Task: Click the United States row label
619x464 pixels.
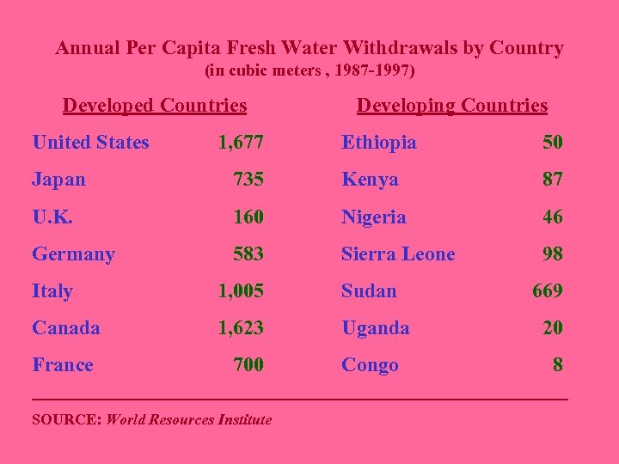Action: (90, 143)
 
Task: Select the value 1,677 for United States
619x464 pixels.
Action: (241, 143)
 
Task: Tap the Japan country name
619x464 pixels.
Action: (58, 180)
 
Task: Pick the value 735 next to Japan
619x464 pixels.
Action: (248, 180)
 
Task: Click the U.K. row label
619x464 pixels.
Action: (52, 217)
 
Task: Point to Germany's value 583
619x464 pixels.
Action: (248, 253)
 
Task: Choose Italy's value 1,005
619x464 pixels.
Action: (241, 290)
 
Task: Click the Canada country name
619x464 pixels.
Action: (65, 327)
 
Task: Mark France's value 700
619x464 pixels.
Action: (248, 364)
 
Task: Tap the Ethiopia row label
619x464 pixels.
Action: (378, 143)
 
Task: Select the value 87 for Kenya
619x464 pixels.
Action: (552, 180)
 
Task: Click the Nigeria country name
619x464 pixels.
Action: (373, 217)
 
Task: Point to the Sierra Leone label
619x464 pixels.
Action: (398, 253)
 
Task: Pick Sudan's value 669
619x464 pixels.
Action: (547, 290)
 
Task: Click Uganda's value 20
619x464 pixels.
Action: (552, 327)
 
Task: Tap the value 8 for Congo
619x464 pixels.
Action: (558, 364)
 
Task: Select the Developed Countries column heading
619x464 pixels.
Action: (155, 106)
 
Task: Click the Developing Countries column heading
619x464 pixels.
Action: (451, 106)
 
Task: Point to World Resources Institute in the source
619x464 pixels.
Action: (188, 420)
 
